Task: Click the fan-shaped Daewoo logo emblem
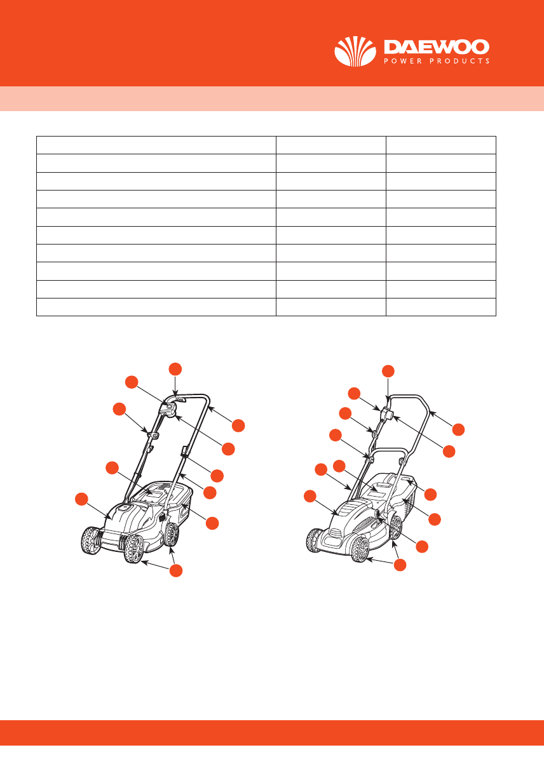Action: pyautogui.click(x=355, y=51)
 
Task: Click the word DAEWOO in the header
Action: pyautogui.click(x=437, y=47)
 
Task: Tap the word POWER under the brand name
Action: pyautogui.click(x=403, y=61)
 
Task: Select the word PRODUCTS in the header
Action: pyautogui.click(x=459, y=61)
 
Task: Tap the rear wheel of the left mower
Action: pyautogui.click(x=172, y=533)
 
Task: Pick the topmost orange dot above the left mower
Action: pyautogui.click(x=175, y=369)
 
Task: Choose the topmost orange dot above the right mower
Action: pyautogui.click(x=388, y=371)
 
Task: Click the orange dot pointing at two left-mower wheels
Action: pyautogui.click(x=176, y=570)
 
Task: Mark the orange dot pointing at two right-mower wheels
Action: pyautogui.click(x=400, y=565)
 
